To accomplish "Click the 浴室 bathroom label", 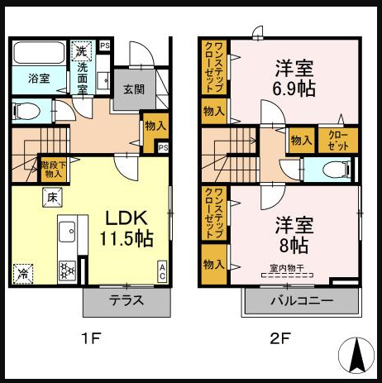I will (x=38, y=79).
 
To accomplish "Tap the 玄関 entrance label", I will (x=134, y=89).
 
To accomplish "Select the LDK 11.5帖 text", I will (x=126, y=228).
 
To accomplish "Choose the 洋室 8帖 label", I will (x=294, y=234).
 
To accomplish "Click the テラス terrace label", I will (x=127, y=301).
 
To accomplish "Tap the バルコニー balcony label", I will (x=300, y=301).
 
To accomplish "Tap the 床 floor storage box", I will (x=51, y=197).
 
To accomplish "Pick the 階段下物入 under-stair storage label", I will (x=52, y=170).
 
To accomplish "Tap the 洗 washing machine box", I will (x=81, y=50).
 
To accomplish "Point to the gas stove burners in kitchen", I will (x=67, y=269).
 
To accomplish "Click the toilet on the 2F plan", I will (x=333, y=170).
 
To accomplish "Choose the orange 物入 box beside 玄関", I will (x=155, y=126).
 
